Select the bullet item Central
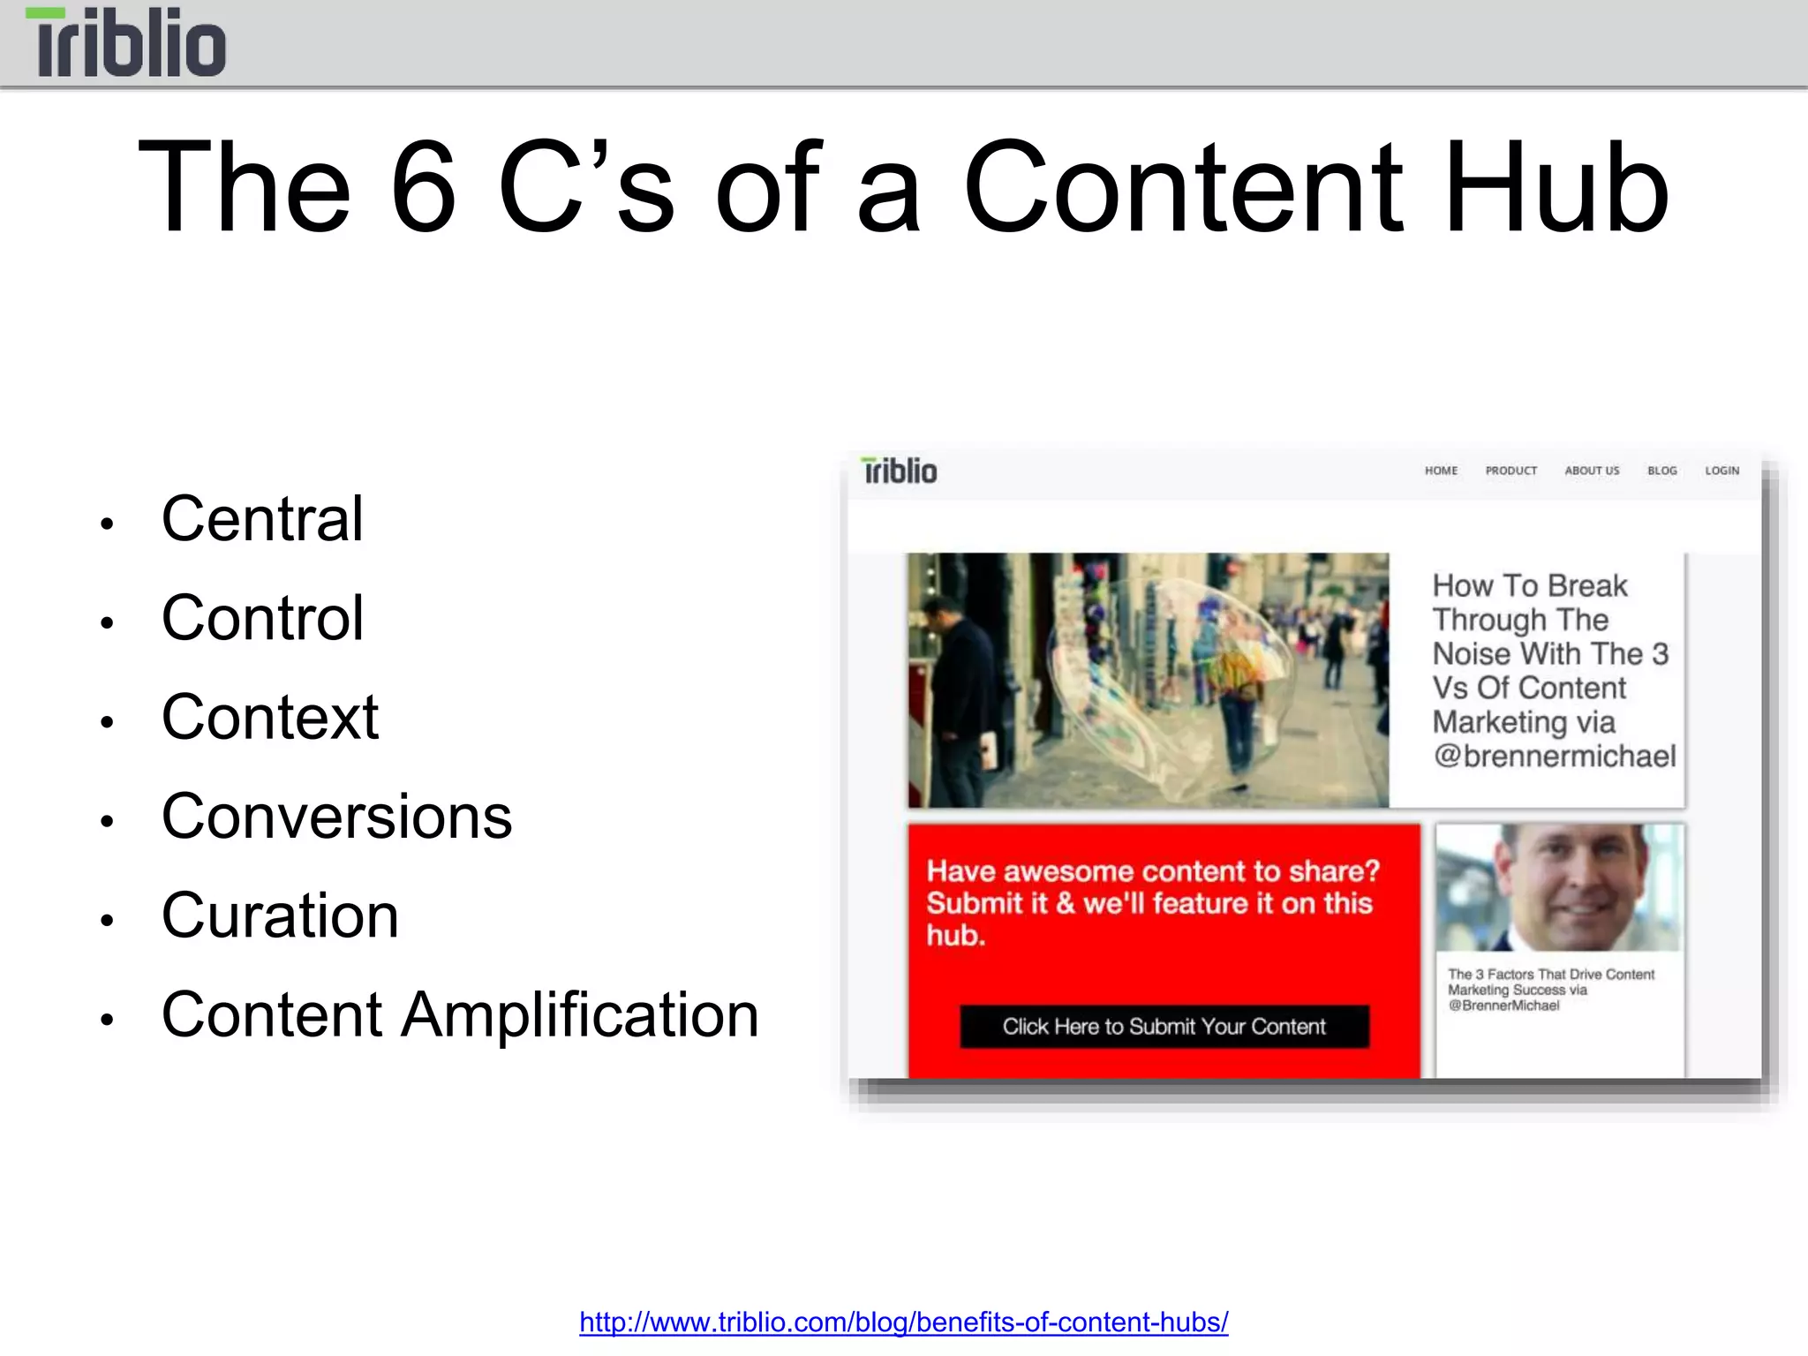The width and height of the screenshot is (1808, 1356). point(262,518)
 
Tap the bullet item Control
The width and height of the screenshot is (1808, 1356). point(262,618)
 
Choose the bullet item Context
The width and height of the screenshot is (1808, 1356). point(270,717)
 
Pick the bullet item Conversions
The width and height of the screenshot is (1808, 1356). point(336,817)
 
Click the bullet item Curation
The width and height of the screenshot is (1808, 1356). point(280,915)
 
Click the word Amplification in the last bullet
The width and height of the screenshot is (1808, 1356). point(580,1015)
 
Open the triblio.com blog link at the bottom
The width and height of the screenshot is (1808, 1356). point(903,1322)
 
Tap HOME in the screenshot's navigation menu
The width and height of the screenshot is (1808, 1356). point(1441,471)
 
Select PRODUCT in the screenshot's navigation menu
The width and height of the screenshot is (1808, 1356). point(1510,471)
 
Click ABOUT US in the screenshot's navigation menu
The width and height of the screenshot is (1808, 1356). point(1592,471)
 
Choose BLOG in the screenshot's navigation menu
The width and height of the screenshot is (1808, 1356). point(1661,471)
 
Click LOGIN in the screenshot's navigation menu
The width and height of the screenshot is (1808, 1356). point(1721,471)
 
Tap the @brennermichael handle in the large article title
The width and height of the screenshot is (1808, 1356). point(1554,757)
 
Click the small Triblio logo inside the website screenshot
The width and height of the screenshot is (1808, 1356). point(899,471)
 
